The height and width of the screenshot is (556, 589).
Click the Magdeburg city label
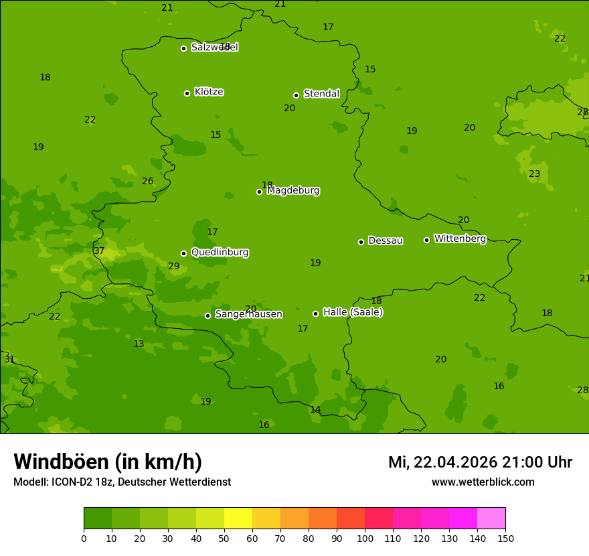[x=293, y=191]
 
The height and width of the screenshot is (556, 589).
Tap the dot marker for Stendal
[x=296, y=95]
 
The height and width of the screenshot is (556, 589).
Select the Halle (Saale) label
[x=353, y=312]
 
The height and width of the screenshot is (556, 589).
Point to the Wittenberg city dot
[x=426, y=240]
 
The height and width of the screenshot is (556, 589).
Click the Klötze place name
[x=209, y=92]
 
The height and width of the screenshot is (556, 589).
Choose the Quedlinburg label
[x=220, y=253]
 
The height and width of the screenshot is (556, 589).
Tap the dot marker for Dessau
[x=361, y=242]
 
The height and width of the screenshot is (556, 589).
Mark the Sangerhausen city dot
[x=207, y=316]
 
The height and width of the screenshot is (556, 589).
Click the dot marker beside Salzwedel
[x=183, y=48]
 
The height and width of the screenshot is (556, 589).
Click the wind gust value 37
[x=99, y=251]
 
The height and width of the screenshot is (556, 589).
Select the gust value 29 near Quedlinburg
[x=174, y=267]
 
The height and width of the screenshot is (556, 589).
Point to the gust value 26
[x=148, y=182]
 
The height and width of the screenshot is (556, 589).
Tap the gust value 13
[x=139, y=344]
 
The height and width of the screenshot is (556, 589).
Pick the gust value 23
[x=535, y=174]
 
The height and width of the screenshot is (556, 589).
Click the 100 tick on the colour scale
[x=365, y=538]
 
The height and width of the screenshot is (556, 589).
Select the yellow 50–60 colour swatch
[x=238, y=518]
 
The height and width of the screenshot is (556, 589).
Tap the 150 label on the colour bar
[x=505, y=538]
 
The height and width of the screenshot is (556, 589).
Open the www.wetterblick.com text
[x=483, y=482]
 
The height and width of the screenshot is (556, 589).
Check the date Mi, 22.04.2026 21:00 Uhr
[x=480, y=462]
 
